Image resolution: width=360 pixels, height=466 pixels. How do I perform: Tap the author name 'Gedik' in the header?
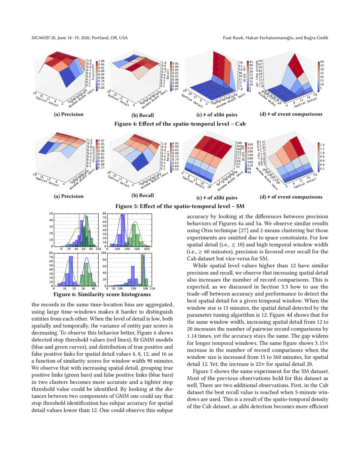[320, 38]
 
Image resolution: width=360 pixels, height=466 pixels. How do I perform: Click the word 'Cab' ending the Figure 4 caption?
[240, 125]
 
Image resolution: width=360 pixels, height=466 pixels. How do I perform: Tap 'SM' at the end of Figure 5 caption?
[241, 207]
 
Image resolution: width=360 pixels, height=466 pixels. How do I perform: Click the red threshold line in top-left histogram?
[79, 231]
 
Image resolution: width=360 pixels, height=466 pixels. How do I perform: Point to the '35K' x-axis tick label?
[152, 288]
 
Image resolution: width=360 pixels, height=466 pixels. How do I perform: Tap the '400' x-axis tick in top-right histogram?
[147, 250]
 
